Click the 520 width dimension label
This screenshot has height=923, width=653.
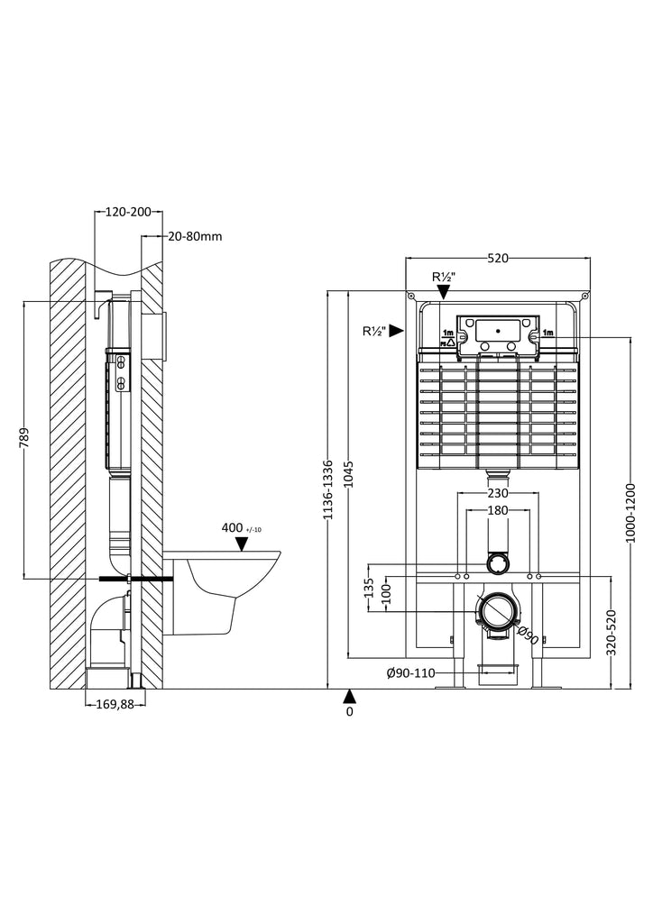pyautogui.click(x=498, y=258)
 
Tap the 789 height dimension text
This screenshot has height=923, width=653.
pyautogui.click(x=24, y=439)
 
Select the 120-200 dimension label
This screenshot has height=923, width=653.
pyautogui.click(x=128, y=212)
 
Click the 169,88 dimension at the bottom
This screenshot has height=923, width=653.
pyautogui.click(x=115, y=704)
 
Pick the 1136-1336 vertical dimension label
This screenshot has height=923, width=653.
pyautogui.click(x=328, y=489)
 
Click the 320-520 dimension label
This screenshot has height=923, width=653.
pyautogui.click(x=611, y=633)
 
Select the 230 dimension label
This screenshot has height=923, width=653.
pyautogui.click(x=498, y=493)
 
